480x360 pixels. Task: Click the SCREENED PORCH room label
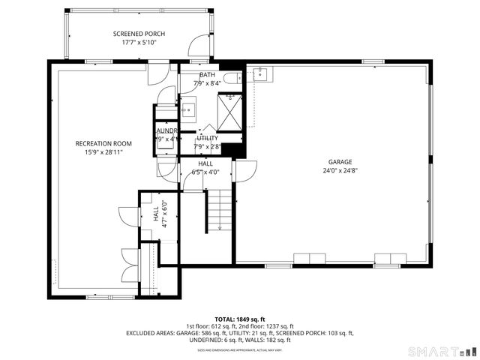tap(139, 34)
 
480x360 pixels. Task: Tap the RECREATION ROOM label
tap(103, 143)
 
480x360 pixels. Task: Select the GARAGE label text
tap(340, 161)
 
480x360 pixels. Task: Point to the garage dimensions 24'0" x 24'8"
tap(340, 170)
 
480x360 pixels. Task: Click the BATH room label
tap(207, 75)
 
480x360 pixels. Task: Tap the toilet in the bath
tap(232, 76)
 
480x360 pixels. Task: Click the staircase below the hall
tap(219, 210)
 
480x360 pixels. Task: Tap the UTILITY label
tap(207, 138)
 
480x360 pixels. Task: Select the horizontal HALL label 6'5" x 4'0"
tap(205, 167)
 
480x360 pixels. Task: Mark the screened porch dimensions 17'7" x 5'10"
tap(139, 43)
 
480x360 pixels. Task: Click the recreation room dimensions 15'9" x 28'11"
tap(103, 152)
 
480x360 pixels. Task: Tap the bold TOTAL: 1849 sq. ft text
tap(239, 319)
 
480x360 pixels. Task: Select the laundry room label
tap(166, 130)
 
